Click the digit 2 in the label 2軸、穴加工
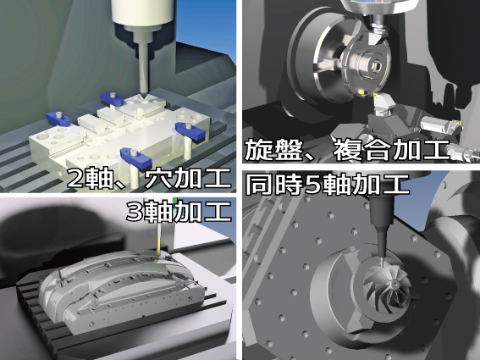tap(75, 179)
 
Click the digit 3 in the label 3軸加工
tap(135, 212)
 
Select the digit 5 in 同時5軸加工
tap(313, 185)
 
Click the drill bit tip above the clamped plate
tap(143, 92)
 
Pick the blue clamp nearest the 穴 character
tap(136, 156)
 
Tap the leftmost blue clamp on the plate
tap(58, 119)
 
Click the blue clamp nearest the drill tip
tap(111, 98)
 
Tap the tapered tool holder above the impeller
tap(382, 242)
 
